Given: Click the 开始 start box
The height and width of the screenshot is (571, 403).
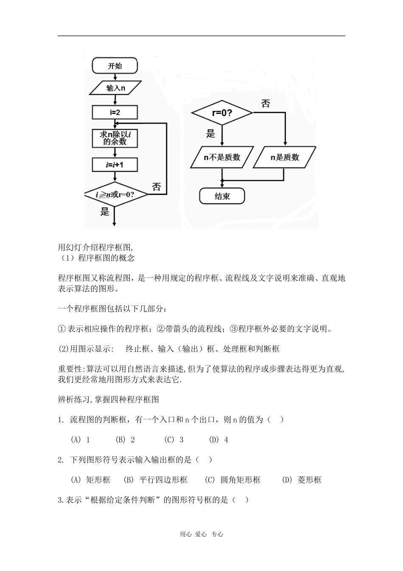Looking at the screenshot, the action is [115, 66].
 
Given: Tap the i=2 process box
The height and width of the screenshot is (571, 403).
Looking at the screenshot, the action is [115, 113].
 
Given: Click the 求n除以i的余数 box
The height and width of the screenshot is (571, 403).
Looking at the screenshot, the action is [115, 138].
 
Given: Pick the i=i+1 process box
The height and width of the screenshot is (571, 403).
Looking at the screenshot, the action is [115, 164].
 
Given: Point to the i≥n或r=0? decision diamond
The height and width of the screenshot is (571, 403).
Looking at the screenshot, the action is [115, 195].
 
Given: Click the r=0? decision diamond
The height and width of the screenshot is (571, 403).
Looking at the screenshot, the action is [222, 113].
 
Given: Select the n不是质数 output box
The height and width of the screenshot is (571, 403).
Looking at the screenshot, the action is [222, 157].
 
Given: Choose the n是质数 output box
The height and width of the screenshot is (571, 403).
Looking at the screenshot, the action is [285, 157].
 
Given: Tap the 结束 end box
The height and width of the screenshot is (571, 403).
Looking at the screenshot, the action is [222, 196].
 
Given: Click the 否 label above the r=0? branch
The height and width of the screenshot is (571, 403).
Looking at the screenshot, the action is [265, 104].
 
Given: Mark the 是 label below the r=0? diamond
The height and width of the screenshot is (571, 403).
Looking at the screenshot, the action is [211, 134].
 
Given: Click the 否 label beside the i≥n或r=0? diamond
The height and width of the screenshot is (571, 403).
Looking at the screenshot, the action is [156, 187].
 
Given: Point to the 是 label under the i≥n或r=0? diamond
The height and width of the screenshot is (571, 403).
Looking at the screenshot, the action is [105, 212].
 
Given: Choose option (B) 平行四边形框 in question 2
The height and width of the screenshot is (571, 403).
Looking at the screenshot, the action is [155, 480].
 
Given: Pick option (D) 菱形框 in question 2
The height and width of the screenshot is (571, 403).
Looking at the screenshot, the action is [302, 480].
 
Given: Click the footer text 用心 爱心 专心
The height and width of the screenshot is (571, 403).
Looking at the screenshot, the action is [201, 534].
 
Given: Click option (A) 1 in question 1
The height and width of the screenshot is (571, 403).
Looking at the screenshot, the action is [80, 440].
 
